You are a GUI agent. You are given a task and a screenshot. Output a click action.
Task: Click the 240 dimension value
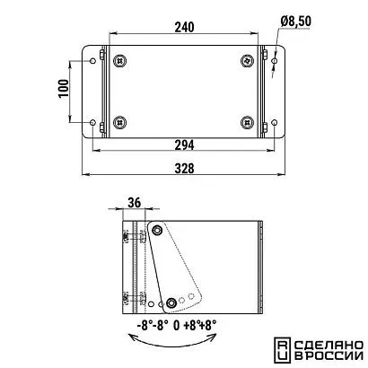click(184, 27)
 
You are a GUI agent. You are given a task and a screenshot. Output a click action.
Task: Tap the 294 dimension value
click(184, 145)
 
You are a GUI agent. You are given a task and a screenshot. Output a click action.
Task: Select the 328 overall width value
click(184, 169)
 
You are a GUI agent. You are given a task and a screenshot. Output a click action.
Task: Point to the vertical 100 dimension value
click(64, 88)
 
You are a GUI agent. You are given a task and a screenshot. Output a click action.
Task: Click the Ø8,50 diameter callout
click(296, 22)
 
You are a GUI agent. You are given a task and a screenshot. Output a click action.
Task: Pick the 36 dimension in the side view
click(135, 203)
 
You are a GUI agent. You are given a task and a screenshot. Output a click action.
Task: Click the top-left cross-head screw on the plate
click(120, 61)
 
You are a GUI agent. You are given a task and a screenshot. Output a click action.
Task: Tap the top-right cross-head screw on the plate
click(248, 61)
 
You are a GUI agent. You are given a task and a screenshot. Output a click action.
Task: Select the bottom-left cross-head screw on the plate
click(120, 122)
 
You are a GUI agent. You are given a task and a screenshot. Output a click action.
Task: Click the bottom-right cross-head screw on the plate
click(248, 122)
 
